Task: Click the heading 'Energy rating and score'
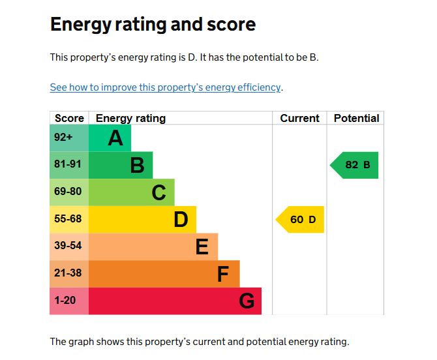(x=153, y=25)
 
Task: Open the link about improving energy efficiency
(x=165, y=87)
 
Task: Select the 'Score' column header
(x=69, y=118)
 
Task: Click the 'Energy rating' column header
(x=130, y=118)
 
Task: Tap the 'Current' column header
(x=299, y=118)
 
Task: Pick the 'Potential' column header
(x=356, y=118)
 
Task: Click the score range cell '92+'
(x=64, y=137)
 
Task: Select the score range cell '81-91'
(x=68, y=164)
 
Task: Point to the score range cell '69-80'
(x=68, y=192)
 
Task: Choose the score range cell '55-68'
(x=68, y=219)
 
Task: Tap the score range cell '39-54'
(x=68, y=246)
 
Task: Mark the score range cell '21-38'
(x=68, y=273)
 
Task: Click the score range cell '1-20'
(x=66, y=301)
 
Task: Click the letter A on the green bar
(x=115, y=138)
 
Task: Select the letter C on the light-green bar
(x=158, y=193)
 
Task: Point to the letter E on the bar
(x=202, y=247)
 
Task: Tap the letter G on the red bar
(x=246, y=301)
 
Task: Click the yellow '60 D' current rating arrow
(x=301, y=220)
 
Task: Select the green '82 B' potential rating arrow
(x=355, y=165)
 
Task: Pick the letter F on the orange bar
(x=223, y=275)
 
